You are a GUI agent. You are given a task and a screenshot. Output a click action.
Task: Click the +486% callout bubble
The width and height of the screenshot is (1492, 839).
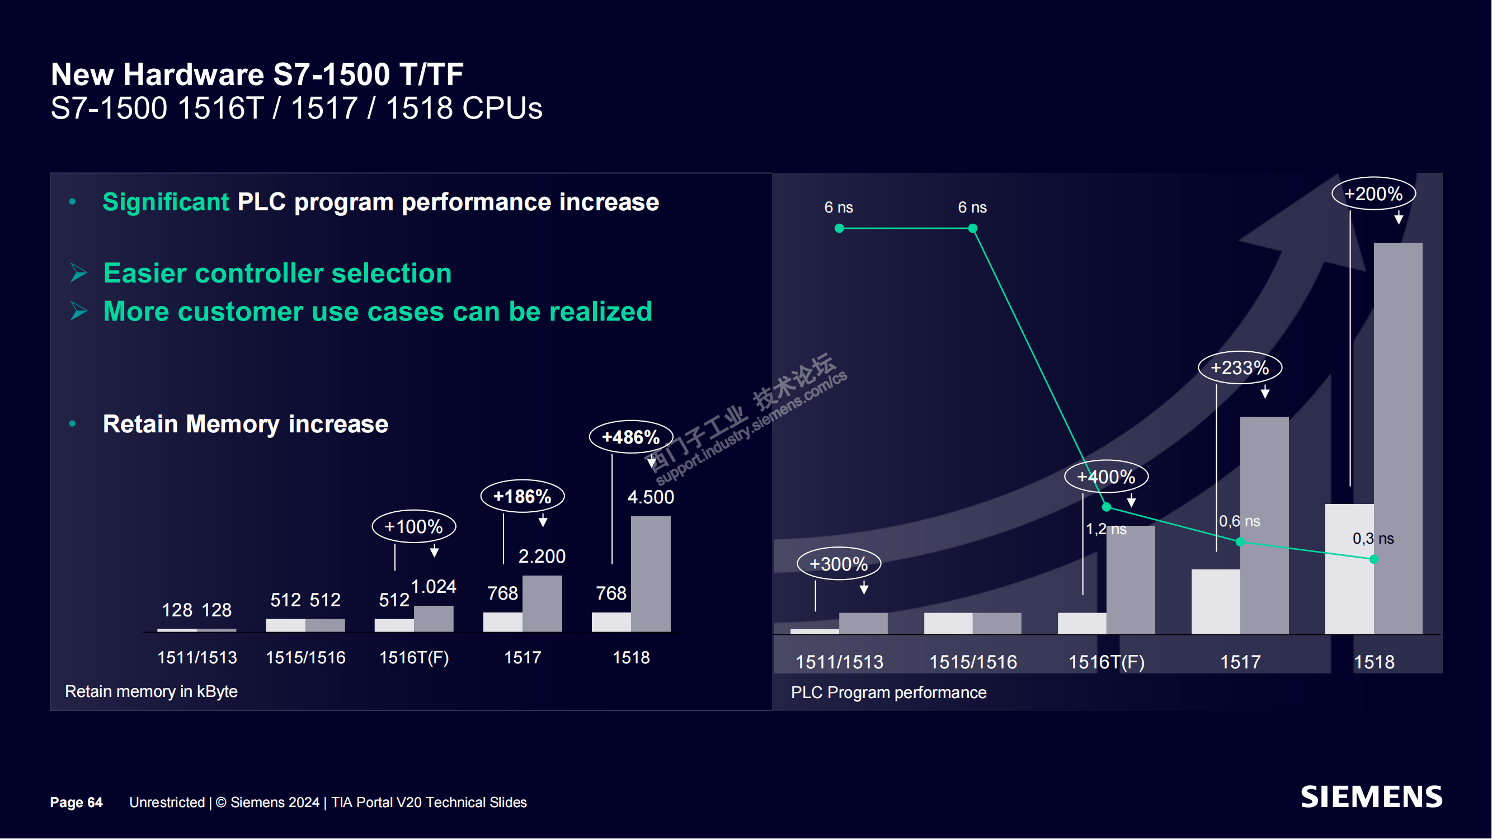pyautogui.click(x=630, y=437)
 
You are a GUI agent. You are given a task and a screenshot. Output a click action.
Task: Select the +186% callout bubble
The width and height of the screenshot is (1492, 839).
pyautogui.click(x=523, y=496)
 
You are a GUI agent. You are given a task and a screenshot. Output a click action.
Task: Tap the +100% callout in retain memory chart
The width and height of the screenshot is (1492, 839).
pyautogui.click(x=413, y=526)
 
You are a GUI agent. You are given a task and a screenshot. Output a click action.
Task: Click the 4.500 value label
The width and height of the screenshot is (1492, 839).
pyautogui.click(x=651, y=497)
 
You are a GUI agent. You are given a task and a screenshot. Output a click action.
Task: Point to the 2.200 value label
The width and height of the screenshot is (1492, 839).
pyautogui.click(x=542, y=557)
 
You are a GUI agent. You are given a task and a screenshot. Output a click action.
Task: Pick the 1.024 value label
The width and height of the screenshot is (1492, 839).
pyautogui.click(x=433, y=587)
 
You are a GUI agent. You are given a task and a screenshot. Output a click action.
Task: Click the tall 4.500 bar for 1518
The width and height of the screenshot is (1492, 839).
pyautogui.click(x=651, y=574)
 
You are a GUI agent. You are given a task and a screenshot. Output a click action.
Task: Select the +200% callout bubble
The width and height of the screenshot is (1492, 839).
pyautogui.click(x=1373, y=194)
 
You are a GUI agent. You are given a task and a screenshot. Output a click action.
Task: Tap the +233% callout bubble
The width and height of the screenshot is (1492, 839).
pyautogui.click(x=1240, y=367)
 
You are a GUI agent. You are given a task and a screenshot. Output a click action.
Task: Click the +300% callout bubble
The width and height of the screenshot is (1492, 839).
pyautogui.click(x=838, y=564)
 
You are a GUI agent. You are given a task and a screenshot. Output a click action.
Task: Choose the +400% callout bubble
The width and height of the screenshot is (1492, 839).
pyautogui.click(x=1105, y=477)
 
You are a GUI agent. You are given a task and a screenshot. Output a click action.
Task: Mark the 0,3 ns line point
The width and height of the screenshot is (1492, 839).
pyautogui.click(x=1374, y=559)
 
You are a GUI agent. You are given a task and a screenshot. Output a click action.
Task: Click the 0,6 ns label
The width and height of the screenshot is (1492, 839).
pyautogui.click(x=1240, y=521)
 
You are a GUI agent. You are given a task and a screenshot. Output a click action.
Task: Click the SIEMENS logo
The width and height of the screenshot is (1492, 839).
pyautogui.click(x=1371, y=797)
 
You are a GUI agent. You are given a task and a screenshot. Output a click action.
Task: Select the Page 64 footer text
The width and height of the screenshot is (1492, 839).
pyautogui.click(x=76, y=803)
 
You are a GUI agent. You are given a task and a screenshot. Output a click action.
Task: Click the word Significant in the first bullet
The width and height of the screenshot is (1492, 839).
pyautogui.click(x=166, y=202)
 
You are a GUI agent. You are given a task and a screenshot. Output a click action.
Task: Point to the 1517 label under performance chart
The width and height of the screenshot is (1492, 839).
pyautogui.click(x=1240, y=662)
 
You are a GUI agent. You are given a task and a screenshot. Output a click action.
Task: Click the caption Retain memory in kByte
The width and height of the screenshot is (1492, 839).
pyautogui.click(x=151, y=691)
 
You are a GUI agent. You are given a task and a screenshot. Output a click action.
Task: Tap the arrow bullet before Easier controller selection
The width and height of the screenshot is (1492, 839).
pyautogui.click(x=79, y=273)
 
